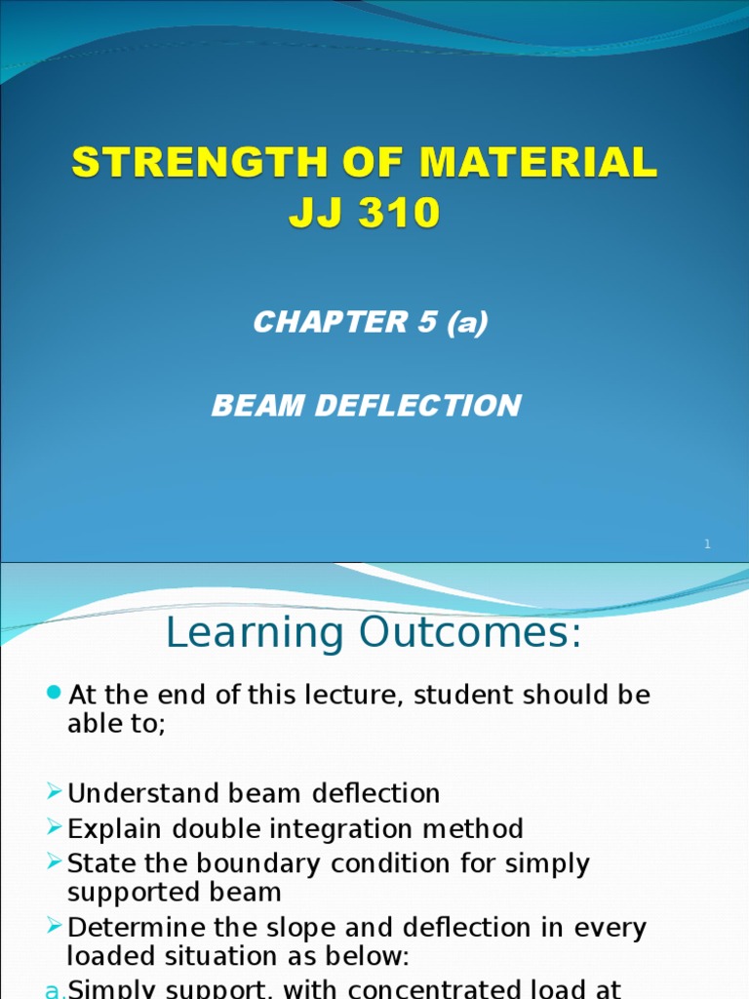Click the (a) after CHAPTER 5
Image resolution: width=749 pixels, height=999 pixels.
click(x=465, y=323)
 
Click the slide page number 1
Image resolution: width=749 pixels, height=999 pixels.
click(x=708, y=543)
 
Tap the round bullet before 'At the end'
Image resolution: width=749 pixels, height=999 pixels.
click(x=54, y=693)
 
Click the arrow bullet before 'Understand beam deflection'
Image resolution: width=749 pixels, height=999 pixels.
click(x=55, y=792)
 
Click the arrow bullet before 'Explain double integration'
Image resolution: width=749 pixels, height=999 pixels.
click(x=55, y=828)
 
